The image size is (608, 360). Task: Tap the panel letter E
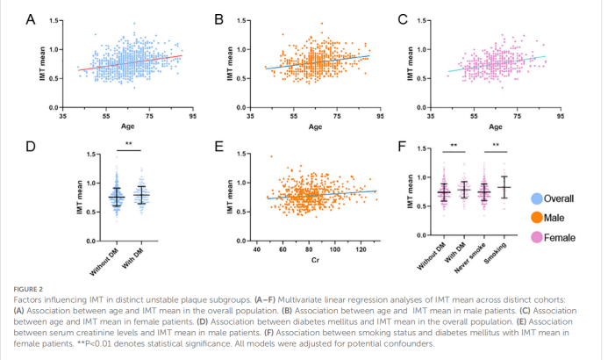click(217, 145)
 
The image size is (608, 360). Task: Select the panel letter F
click(403, 145)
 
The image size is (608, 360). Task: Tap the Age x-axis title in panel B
click(315, 127)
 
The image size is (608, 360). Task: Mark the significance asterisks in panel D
click(129, 144)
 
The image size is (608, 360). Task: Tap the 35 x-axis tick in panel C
click(430, 115)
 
